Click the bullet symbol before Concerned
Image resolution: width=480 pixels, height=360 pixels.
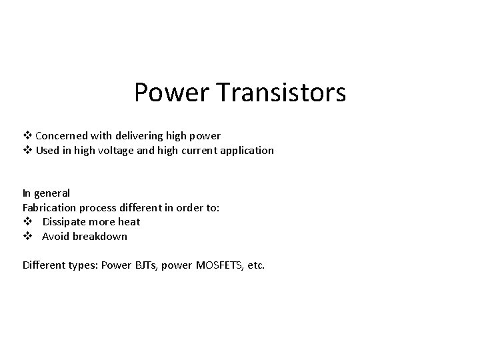[x=27, y=135]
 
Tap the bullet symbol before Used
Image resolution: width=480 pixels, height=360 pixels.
[x=27, y=150]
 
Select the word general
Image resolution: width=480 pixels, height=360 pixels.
[x=52, y=193]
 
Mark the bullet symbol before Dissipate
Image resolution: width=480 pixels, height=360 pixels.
[x=27, y=222]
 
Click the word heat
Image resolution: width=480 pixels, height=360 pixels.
[x=129, y=222]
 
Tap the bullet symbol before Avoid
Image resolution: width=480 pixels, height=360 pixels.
[x=27, y=237]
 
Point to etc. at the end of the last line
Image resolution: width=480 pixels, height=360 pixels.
[x=255, y=265]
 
